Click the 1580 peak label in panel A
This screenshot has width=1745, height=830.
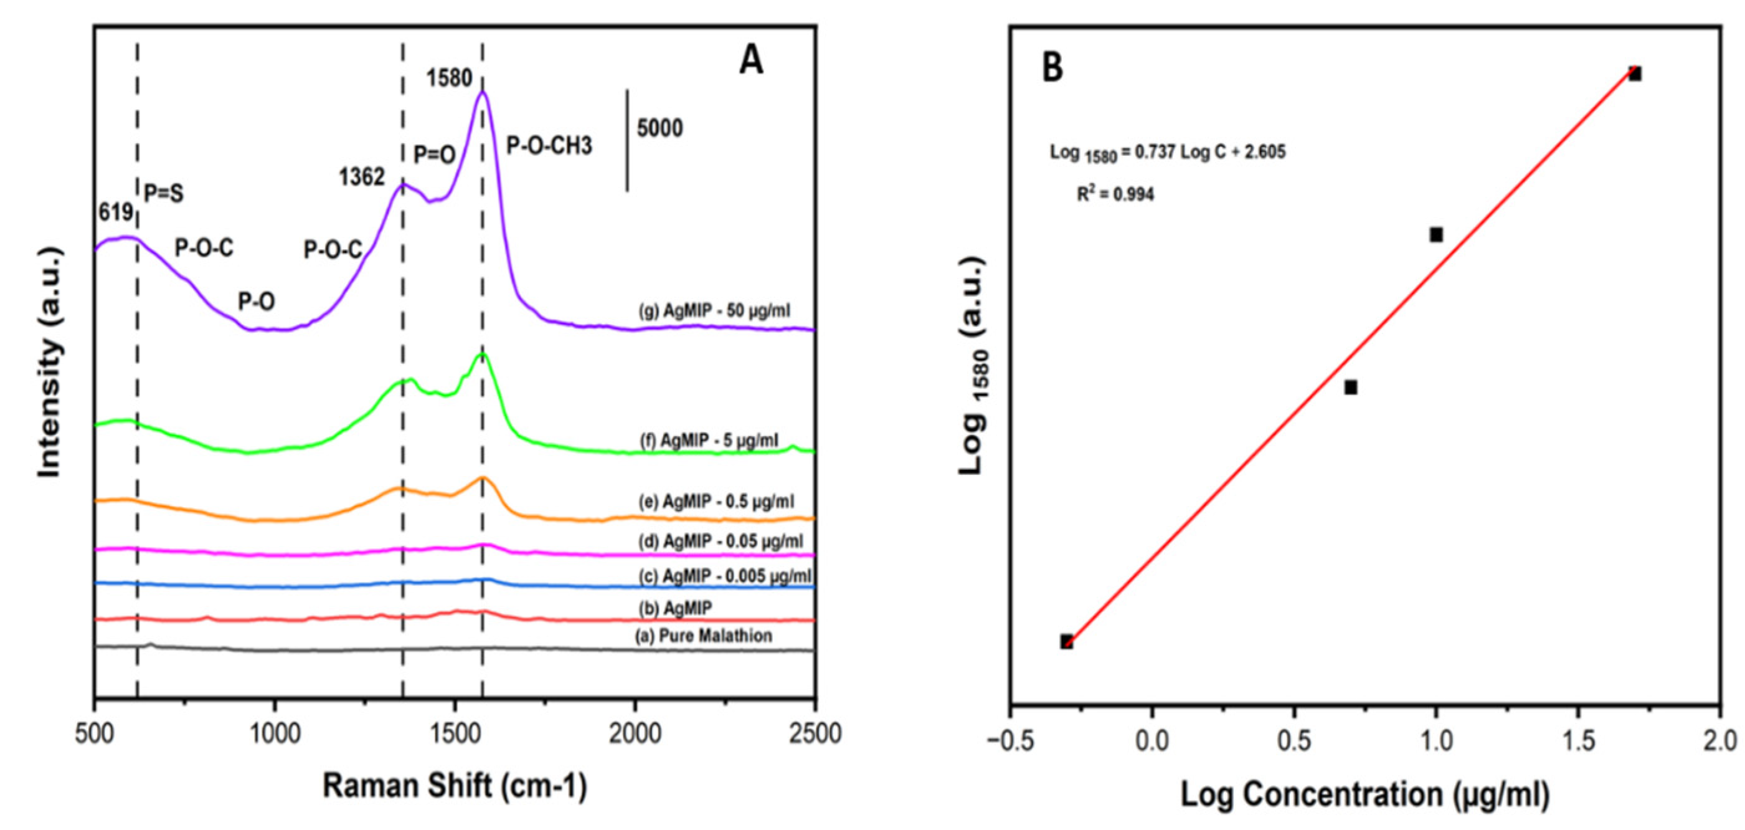448,79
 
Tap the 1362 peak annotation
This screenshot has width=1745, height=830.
362,178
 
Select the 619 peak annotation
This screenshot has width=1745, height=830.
115,212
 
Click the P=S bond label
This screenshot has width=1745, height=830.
164,194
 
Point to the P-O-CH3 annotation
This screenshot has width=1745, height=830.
549,146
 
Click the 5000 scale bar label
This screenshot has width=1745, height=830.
659,128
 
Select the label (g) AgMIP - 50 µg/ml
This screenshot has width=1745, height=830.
714,311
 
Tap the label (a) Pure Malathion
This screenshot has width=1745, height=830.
703,636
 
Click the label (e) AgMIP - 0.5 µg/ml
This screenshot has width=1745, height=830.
716,502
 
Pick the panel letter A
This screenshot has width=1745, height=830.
750,61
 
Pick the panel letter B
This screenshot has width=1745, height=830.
1052,68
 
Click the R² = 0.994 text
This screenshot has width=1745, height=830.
1115,195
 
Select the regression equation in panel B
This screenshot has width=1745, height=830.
1167,153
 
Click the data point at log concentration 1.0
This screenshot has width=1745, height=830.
1435,235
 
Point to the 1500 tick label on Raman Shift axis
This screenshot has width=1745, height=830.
455,734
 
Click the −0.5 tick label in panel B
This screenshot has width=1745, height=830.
1010,740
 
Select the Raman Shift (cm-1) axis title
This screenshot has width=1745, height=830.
455,786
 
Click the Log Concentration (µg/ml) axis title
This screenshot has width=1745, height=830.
1364,794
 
